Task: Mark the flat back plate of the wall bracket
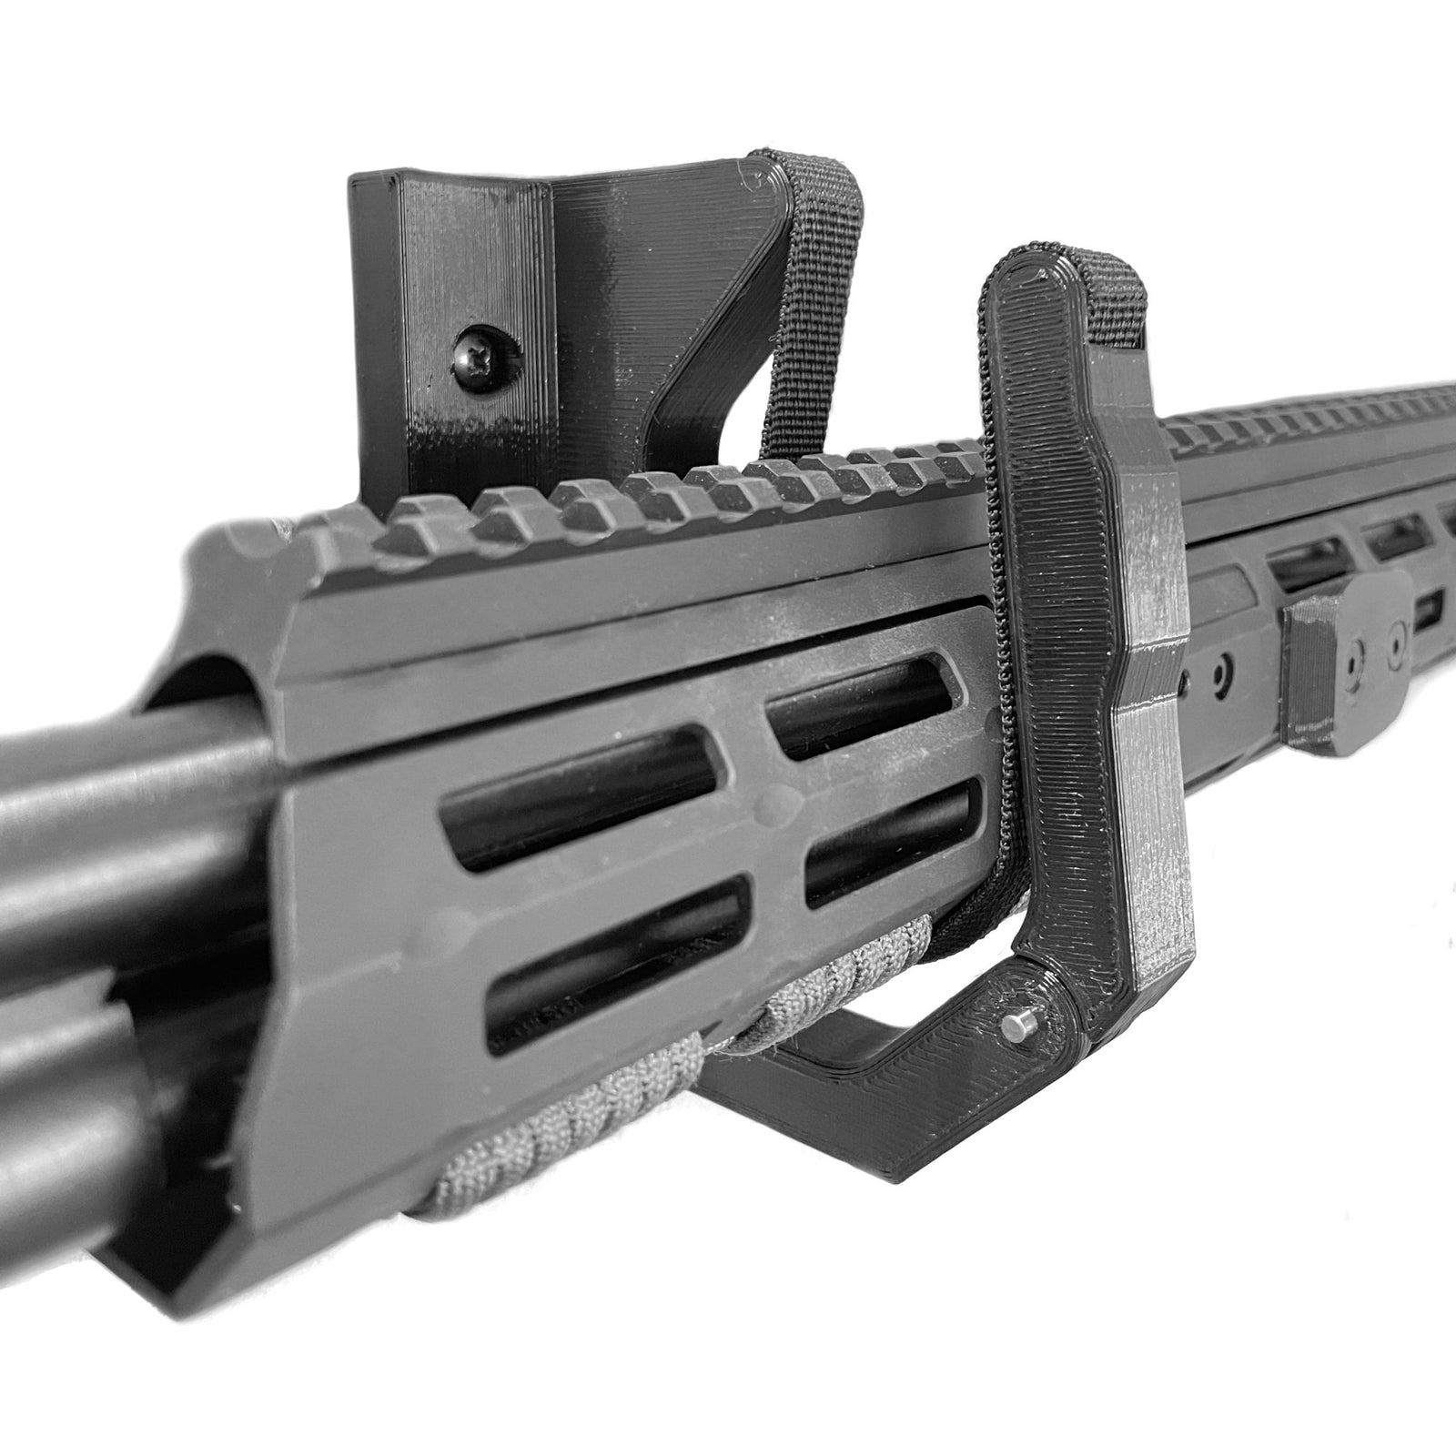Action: click(x=428, y=300)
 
